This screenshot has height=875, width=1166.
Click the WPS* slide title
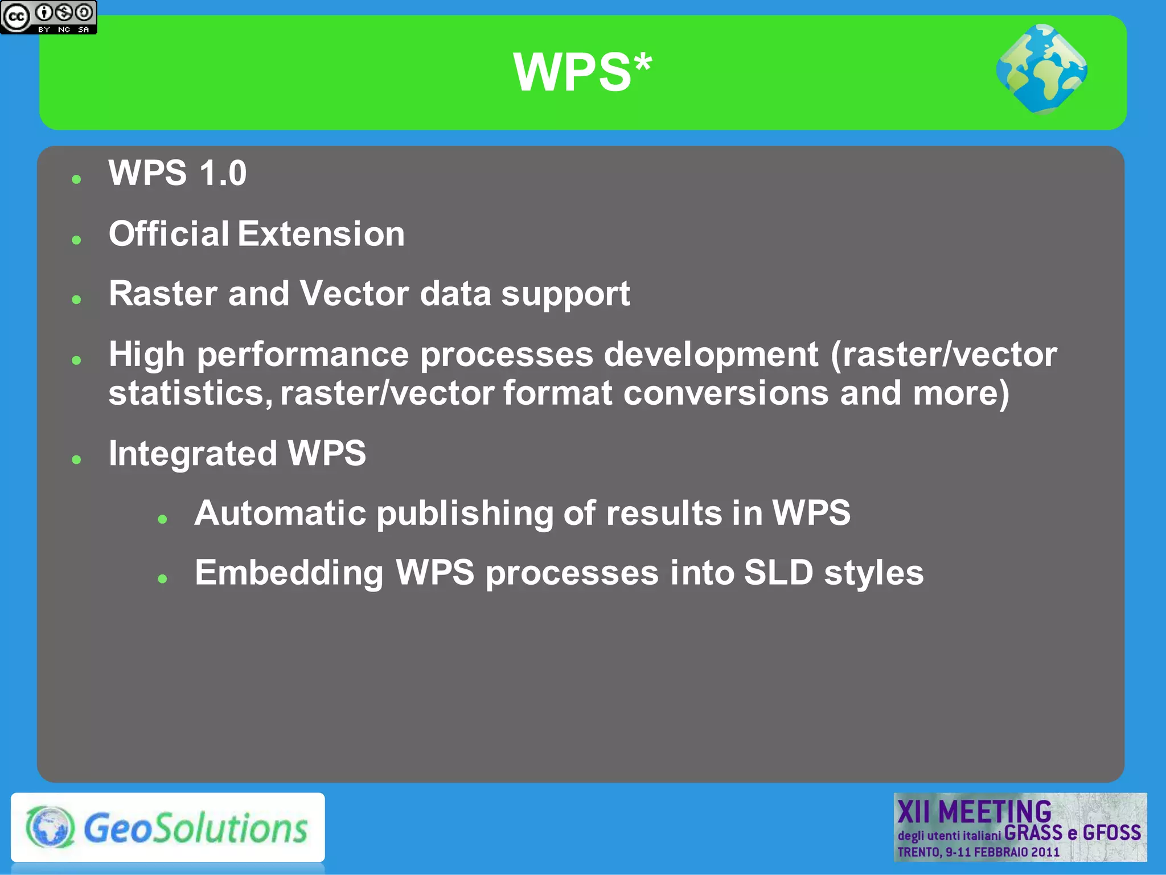[582, 72]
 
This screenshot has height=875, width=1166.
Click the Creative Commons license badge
[48, 17]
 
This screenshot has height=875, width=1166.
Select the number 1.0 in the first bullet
[223, 173]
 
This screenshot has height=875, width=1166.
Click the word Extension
[321, 234]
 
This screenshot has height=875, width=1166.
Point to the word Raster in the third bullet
[163, 294]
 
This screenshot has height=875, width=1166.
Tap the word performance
[303, 355]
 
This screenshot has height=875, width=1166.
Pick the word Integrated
[193, 454]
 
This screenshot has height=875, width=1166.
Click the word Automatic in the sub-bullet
[280, 513]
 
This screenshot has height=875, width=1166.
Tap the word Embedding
[289, 573]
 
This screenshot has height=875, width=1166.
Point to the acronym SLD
[778, 573]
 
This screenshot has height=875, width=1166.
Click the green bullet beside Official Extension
[77, 240]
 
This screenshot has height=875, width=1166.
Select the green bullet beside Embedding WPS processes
[163, 579]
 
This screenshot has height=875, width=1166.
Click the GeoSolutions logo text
[195, 828]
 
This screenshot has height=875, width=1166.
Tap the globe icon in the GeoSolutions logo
[50, 827]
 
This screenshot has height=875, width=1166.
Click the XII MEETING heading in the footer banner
[974, 811]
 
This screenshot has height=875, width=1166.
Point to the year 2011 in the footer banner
[1045, 852]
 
